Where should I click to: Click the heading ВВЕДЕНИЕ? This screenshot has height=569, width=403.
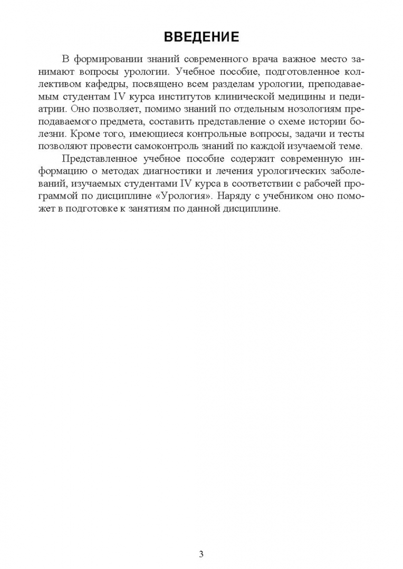(201, 36)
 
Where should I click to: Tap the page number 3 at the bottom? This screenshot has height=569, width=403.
(201, 539)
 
